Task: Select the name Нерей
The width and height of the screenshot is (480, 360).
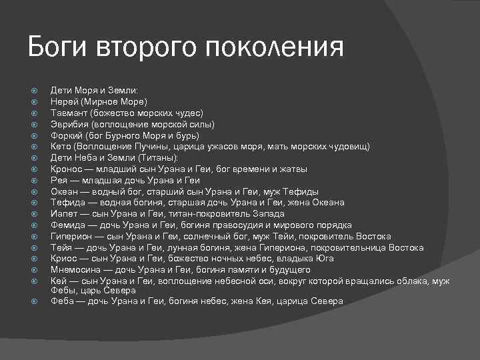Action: point(64,102)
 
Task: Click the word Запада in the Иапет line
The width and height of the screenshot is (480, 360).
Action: point(269,214)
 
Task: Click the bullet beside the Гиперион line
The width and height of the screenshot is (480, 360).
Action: point(37,237)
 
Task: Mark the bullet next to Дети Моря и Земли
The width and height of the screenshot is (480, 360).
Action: point(37,91)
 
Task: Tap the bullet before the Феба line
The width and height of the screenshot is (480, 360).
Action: point(37,301)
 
